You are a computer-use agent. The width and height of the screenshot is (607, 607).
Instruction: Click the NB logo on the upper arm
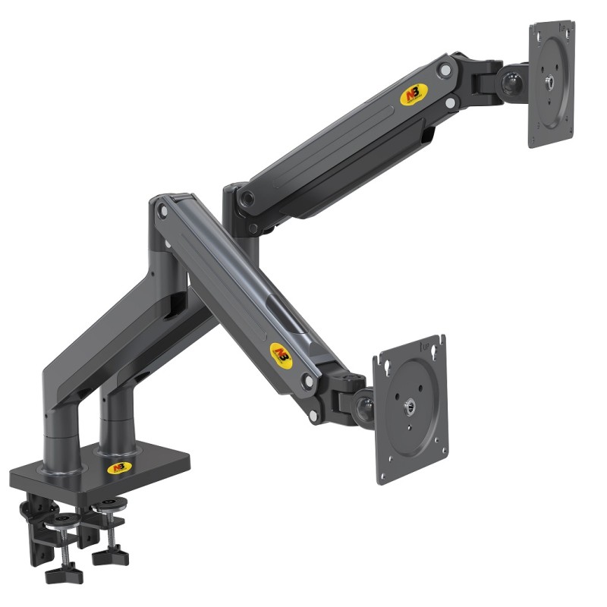tap(414, 95)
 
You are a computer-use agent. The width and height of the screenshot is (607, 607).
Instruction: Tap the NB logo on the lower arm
tap(281, 354)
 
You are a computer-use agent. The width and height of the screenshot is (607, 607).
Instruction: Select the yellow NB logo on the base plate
tap(119, 467)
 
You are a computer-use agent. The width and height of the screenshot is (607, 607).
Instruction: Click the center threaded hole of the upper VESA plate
tap(550, 84)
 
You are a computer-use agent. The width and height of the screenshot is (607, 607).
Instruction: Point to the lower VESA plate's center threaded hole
tap(410, 410)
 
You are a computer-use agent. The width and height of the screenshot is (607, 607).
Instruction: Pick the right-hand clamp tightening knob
tap(110, 556)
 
